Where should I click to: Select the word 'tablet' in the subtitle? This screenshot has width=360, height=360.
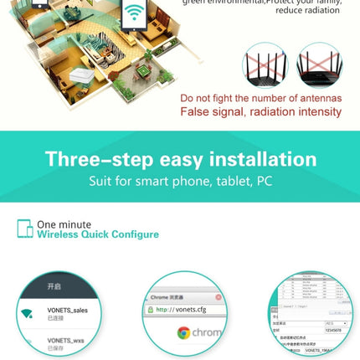pos(226,181)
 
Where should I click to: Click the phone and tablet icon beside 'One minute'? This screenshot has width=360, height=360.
pos(24,229)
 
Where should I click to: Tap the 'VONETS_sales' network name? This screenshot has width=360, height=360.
pos(68,310)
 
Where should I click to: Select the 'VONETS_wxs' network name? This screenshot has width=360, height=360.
pos(65,341)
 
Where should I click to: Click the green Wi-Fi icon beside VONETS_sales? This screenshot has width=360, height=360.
pos(27,314)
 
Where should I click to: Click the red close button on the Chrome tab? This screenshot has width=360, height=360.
pos(218,297)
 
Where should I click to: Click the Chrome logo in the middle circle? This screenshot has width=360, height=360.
pos(184,333)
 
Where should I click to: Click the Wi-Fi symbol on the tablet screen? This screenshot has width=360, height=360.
pos(134,13)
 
